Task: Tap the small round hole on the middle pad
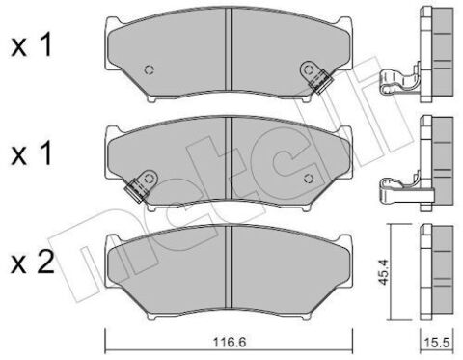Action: point(309,175)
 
